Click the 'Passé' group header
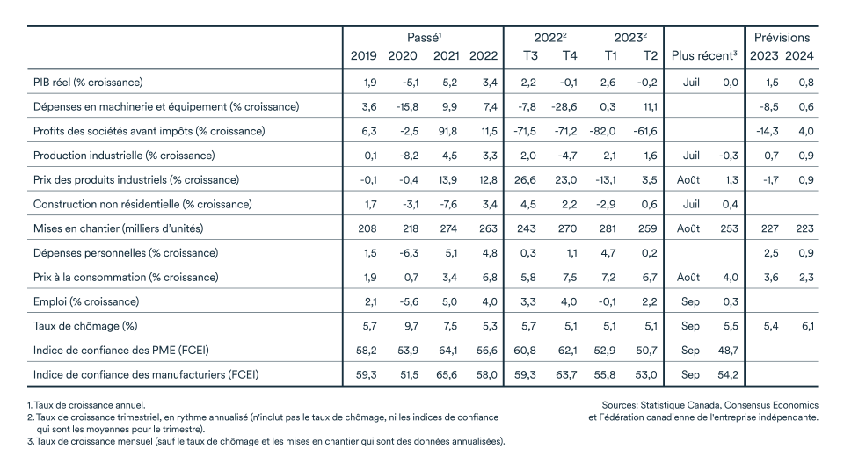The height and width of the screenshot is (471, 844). click(x=424, y=38)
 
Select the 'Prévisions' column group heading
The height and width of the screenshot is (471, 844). click(x=782, y=38)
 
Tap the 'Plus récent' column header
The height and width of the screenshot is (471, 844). click(x=704, y=55)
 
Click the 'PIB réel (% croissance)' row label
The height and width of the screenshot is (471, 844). click(x=88, y=83)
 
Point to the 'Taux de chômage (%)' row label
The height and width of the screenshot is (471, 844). click(x=85, y=326)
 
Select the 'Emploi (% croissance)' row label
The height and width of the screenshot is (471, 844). click(x=86, y=301)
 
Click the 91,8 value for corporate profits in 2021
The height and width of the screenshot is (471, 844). click(x=447, y=131)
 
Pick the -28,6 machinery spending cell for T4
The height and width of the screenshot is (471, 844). click(x=564, y=106)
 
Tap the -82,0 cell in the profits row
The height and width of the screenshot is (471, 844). click(x=603, y=131)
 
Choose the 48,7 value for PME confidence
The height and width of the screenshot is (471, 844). click(x=728, y=351)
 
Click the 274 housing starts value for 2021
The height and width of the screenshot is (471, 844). click(x=447, y=228)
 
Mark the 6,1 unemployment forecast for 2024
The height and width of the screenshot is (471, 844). click(x=807, y=326)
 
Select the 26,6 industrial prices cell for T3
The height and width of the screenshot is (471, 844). click(x=525, y=180)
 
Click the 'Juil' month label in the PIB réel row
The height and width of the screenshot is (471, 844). click(x=691, y=83)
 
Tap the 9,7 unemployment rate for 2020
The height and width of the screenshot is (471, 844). click(x=411, y=326)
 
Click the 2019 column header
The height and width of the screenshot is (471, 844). click(x=363, y=55)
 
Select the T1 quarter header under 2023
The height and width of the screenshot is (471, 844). click(x=610, y=55)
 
